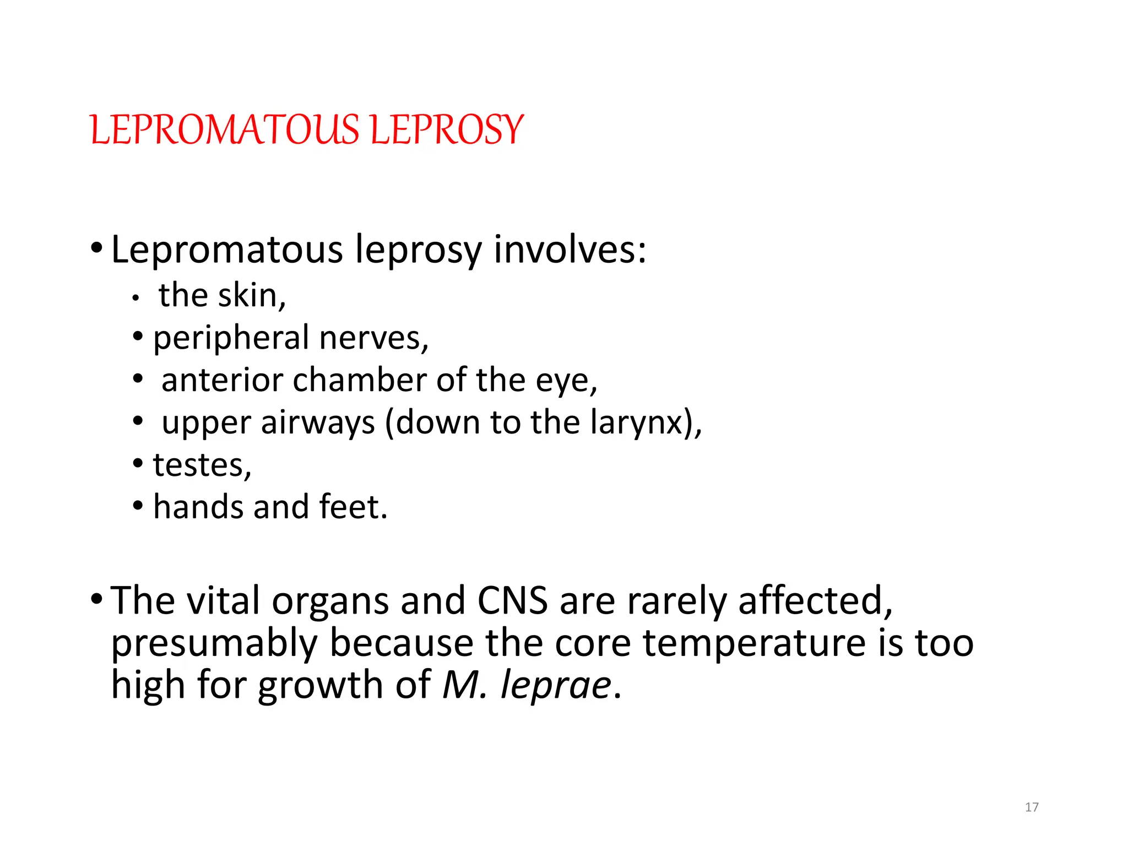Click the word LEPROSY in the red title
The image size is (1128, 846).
tap(446, 130)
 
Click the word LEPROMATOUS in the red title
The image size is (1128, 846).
tap(225, 130)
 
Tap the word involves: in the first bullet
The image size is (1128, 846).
tap(570, 250)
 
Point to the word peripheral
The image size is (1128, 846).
tap(231, 338)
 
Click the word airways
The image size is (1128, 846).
tap(318, 423)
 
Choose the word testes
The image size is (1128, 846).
tap(199, 465)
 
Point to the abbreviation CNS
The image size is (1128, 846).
tap(512, 600)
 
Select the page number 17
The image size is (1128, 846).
tap(1032, 807)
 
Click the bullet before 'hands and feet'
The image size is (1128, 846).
tap(138, 505)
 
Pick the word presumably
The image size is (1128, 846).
tap(215, 643)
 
